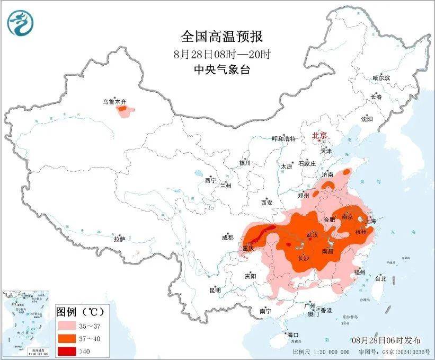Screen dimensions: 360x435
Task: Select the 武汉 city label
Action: (x=312, y=234)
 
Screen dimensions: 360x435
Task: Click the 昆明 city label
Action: (x=215, y=290)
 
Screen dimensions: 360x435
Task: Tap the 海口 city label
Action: (x=292, y=335)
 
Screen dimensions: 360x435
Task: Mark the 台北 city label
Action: (x=380, y=278)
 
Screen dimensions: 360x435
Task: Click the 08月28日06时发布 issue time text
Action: (x=385, y=340)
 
